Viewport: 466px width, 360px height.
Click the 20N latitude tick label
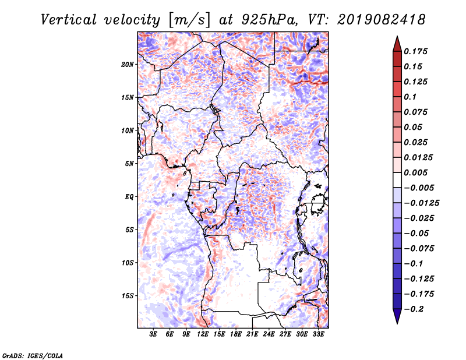[x=128, y=64]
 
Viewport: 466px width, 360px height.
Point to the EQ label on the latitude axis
[x=129, y=197]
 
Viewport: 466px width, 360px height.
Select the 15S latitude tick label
[x=128, y=296]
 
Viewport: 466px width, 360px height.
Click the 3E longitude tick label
[x=153, y=334]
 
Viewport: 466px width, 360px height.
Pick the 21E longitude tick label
[x=252, y=334]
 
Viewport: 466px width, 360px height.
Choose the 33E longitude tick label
[x=318, y=334]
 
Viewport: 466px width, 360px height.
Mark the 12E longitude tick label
[x=203, y=334]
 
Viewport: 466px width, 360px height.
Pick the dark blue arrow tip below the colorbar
[x=396, y=318]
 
